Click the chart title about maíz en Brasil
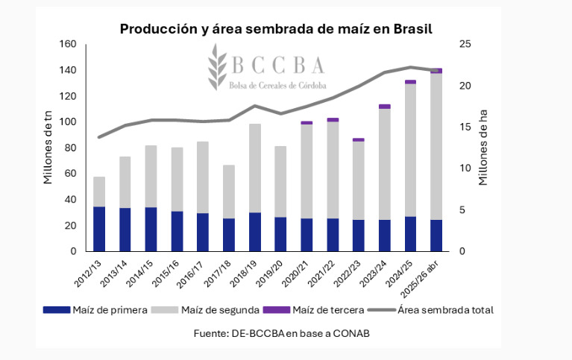pos(277,28)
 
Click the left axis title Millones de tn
pos(48,148)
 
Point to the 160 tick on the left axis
pos(68,45)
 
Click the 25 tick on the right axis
pos(464,45)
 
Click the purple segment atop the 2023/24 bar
pos(384,107)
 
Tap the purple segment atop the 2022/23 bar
pos(359,139)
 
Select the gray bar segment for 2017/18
pos(229,192)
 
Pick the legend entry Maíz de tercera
pos(319,309)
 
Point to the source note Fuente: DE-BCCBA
pos(281,333)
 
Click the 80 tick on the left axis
pos(71,148)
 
